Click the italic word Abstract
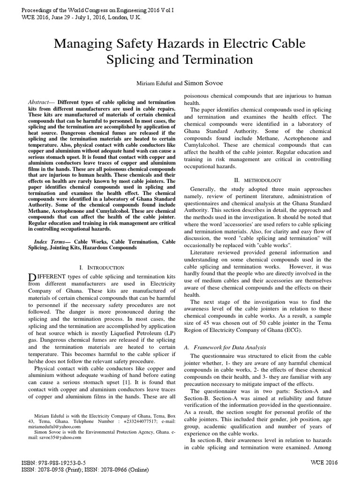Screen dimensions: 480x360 [39, 101]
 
